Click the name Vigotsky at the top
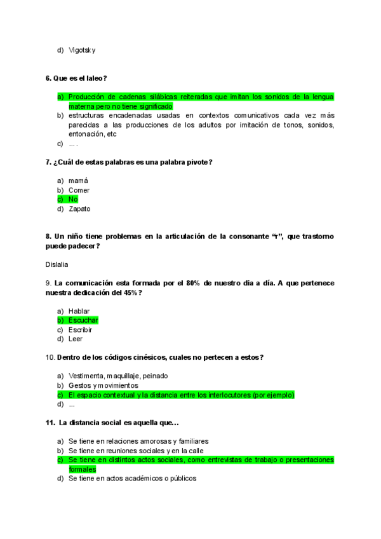82,50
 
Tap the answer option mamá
78,181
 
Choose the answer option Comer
79,190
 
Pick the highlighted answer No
73,199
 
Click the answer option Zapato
79,208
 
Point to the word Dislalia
57,264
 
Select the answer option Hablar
79,311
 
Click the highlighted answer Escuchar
83,320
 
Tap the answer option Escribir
80,330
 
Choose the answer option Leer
76,339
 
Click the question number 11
50,423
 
